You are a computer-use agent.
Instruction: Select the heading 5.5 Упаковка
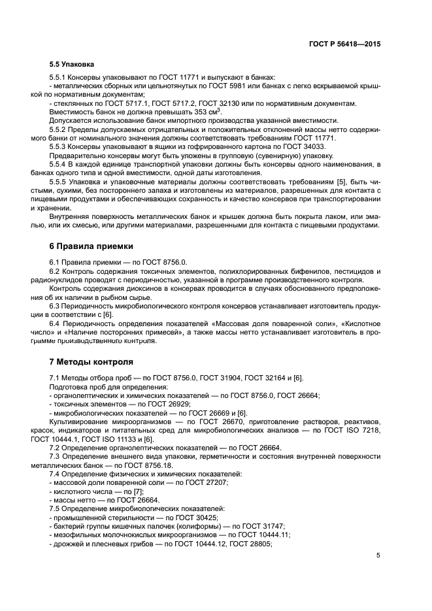pos(72,65)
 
